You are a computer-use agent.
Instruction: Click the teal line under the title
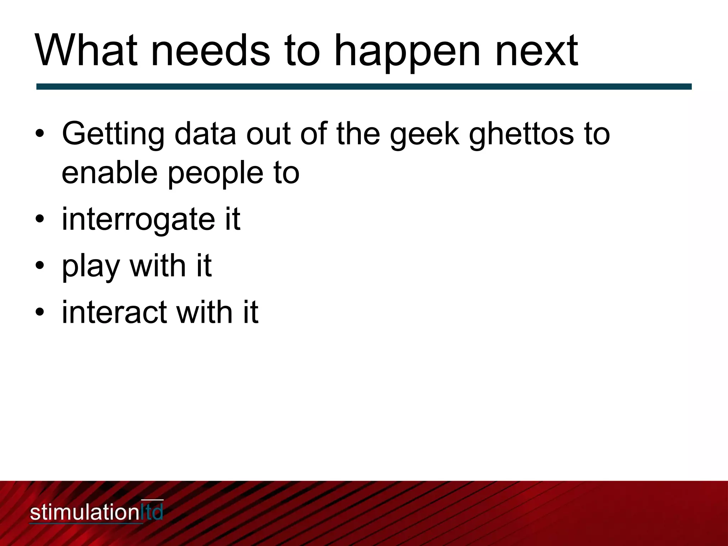[364, 86]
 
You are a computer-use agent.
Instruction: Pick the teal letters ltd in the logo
[152, 512]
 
